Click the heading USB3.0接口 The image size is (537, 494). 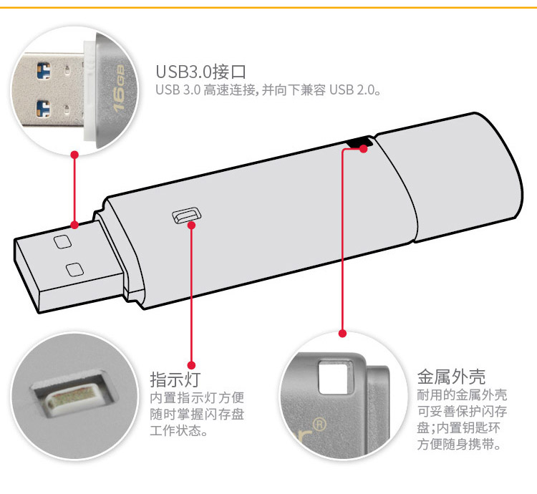coord(201,72)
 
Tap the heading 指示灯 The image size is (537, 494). coord(175,379)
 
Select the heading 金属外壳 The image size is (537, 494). coord(451,377)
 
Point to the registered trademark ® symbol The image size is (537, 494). coord(319,425)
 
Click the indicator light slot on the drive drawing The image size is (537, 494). coord(186,215)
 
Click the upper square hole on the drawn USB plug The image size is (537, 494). coord(63,242)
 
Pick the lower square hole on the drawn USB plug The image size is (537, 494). coord(74,270)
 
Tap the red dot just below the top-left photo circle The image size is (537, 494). coord(74,155)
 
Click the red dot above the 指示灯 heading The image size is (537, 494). coord(192,365)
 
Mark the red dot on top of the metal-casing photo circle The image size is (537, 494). coord(342,334)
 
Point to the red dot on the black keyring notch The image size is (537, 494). coord(364,149)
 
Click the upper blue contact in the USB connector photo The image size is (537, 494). coord(44,71)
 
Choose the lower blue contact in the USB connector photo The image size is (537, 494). coord(43,109)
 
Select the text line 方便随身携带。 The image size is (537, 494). coord(459,444)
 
